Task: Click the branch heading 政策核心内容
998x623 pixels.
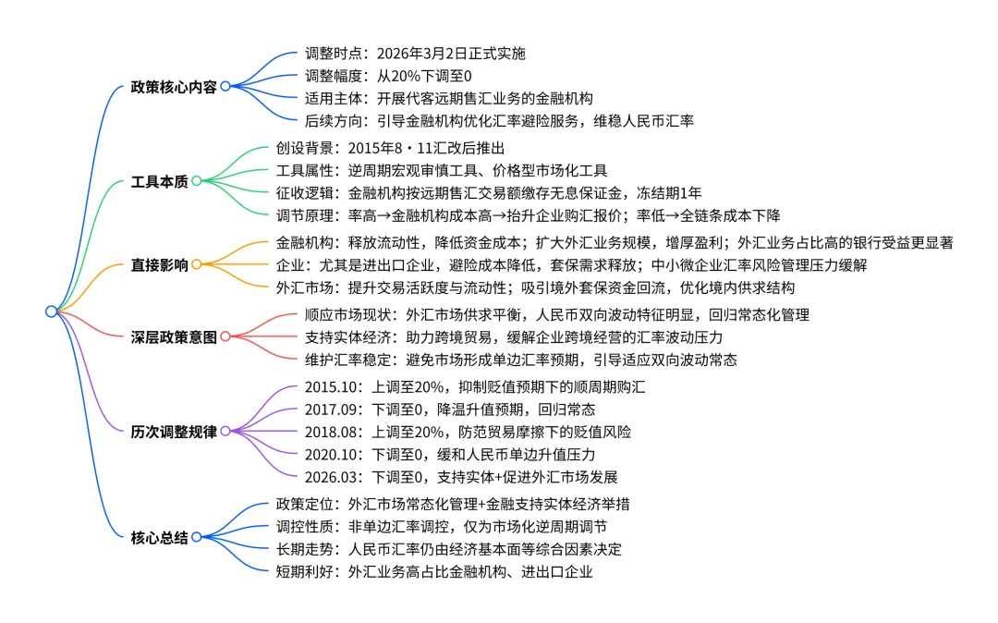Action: click(x=174, y=87)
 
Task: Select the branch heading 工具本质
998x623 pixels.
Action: click(x=159, y=181)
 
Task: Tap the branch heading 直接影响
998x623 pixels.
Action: click(x=159, y=265)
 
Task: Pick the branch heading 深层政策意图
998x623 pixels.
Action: click(x=174, y=336)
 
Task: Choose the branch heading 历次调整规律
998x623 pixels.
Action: click(x=174, y=431)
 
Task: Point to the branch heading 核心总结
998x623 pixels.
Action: click(x=159, y=537)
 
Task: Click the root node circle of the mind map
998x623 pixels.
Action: click(x=52, y=311)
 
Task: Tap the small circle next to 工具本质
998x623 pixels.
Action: click(x=196, y=181)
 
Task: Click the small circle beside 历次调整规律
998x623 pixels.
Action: click(x=225, y=431)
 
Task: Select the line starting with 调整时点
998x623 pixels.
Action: click(x=416, y=53)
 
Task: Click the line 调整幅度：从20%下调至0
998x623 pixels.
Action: click(x=388, y=75)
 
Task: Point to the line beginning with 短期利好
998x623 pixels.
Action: click(x=433, y=571)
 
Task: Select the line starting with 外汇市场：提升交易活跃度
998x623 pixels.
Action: click(x=535, y=287)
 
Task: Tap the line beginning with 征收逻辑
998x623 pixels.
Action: click(x=489, y=193)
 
